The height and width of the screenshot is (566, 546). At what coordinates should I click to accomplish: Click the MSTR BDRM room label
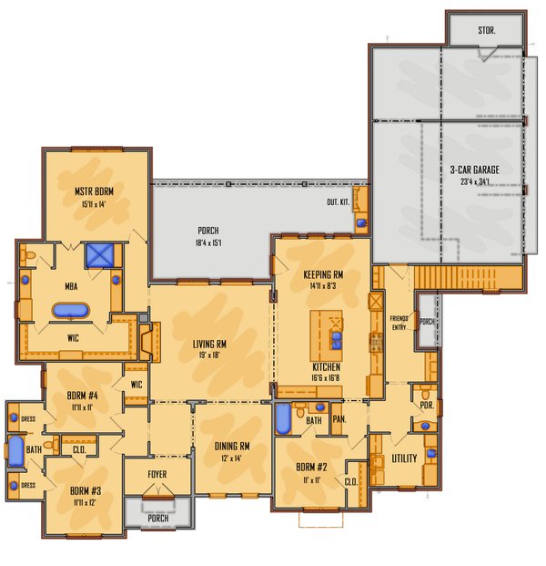coord(92,191)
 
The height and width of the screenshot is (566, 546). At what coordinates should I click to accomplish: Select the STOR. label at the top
coord(487,31)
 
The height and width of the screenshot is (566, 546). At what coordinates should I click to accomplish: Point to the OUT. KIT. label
coord(339,202)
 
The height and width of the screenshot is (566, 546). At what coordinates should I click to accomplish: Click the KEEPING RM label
coord(323,273)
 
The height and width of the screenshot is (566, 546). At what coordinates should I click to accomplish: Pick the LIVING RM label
coord(209,344)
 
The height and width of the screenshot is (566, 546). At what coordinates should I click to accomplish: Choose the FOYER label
coord(157,474)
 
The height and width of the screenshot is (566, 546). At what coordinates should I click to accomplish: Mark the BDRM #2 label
coord(309,468)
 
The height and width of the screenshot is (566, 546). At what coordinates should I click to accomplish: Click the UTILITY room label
coord(404,458)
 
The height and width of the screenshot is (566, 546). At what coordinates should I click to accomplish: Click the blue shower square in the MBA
coord(96,254)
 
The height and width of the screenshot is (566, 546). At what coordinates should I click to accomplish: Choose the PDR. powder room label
coord(425,393)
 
